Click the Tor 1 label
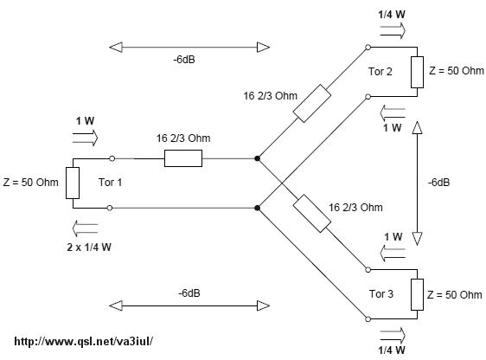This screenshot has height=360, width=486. (x=110, y=183)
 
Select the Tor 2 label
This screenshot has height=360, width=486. (x=380, y=72)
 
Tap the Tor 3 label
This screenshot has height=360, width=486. (x=381, y=293)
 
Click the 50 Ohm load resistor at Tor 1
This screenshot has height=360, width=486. (x=73, y=183)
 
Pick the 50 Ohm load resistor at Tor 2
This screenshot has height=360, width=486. (x=417, y=72)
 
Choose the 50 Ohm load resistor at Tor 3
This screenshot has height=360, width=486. (x=417, y=294)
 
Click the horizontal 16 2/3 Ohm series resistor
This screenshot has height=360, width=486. (x=183, y=158)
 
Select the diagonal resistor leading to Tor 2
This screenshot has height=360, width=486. (x=312, y=103)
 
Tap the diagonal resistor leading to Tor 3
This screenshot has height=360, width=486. (x=312, y=214)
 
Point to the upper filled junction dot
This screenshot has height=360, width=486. (x=257, y=158)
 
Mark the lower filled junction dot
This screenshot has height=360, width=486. (x=257, y=208)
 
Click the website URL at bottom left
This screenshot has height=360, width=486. (x=84, y=342)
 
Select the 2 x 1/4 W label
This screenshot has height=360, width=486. (x=89, y=247)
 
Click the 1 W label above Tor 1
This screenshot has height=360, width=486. (x=86, y=121)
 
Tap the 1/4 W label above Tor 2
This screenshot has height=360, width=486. (x=392, y=15)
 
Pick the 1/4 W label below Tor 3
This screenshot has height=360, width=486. (x=392, y=350)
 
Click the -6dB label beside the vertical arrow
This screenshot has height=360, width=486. (x=439, y=183)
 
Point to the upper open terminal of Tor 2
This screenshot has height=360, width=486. (x=368, y=47)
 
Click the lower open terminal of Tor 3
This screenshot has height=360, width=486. (x=368, y=319)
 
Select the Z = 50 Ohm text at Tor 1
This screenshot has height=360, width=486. (x=30, y=183)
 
